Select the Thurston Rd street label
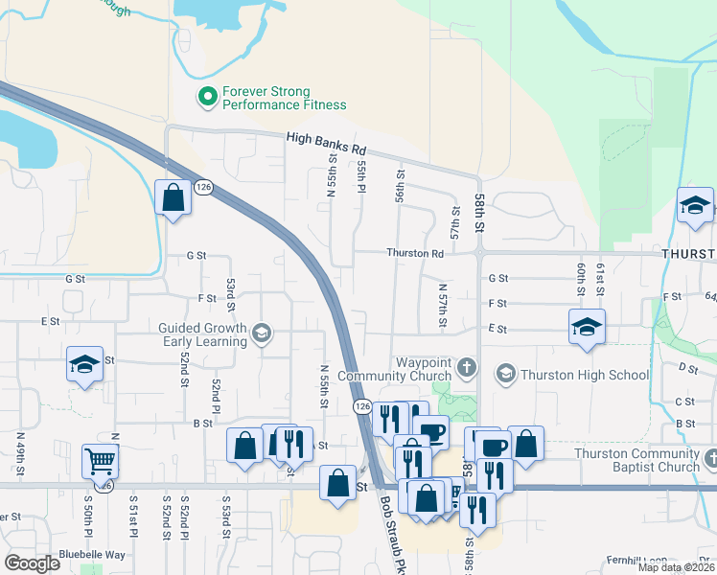(415, 254)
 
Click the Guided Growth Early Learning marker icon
(261, 334)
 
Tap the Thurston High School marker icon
(505, 373)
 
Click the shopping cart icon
(100, 461)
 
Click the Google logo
(31, 563)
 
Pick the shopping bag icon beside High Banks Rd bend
(173, 198)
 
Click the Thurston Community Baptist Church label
(636, 460)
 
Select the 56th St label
(401, 185)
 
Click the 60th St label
(581, 278)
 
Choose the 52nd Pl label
(218, 391)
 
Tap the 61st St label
(601, 278)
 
